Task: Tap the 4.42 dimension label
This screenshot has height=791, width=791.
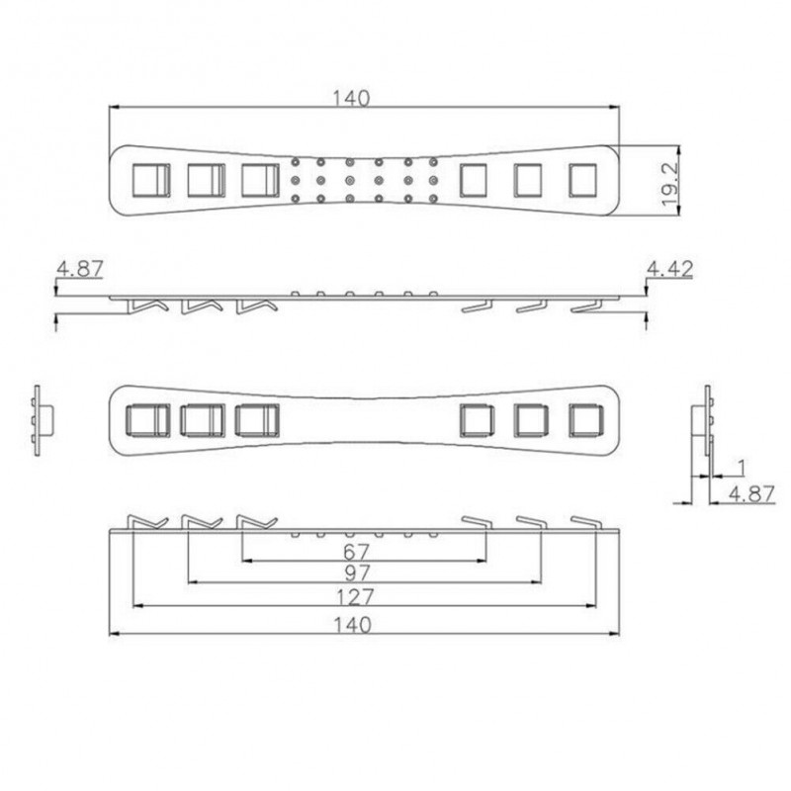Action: pyautogui.click(x=669, y=269)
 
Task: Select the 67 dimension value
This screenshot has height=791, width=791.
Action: pyautogui.click(x=356, y=552)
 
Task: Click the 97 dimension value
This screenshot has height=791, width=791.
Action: pyautogui.click(x=357, y=572)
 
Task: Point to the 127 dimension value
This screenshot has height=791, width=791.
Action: pyautogui.click(x=355, y=597)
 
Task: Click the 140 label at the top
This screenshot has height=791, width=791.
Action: pyautogui.click(x=351, y=98)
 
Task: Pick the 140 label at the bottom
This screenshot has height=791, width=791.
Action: pyautogui.click(x=353, y=625)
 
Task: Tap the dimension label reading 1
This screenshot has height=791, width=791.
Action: pyautogui.click(x=741, y=468)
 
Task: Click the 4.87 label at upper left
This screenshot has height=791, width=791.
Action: pyautogui.click(x=80, y=268)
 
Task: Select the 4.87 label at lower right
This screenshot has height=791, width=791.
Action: pyautogui.click(x=751, y=493)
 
